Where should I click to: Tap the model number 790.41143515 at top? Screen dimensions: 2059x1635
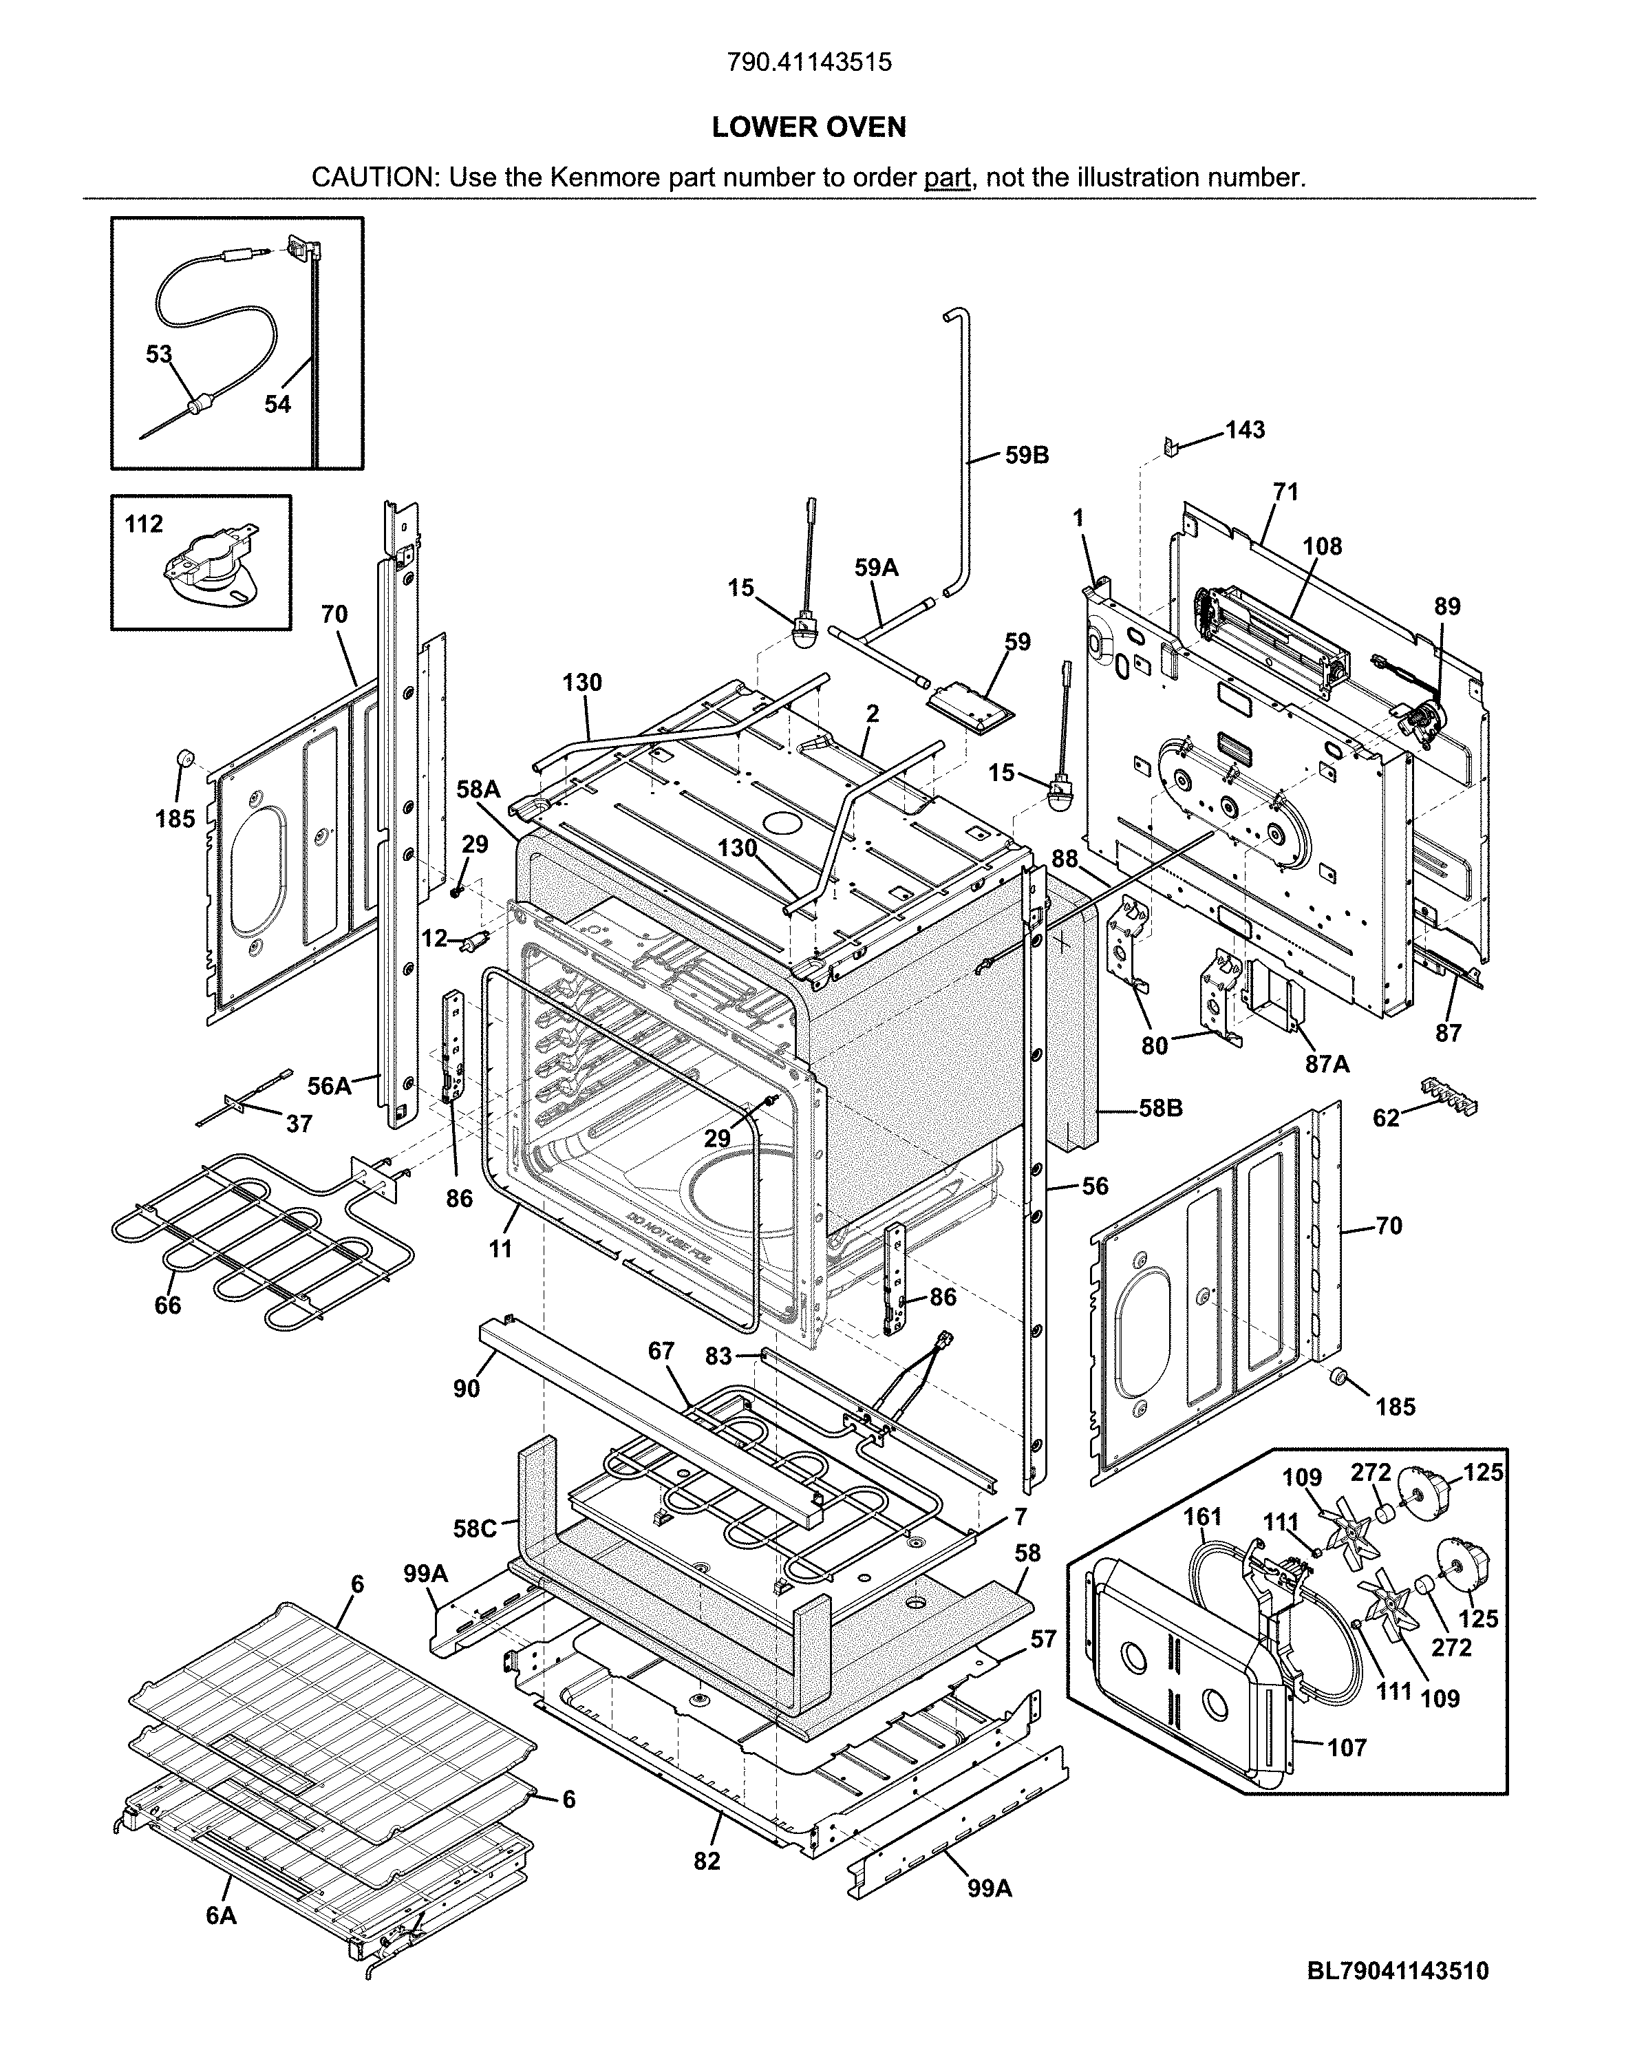(x=809, y=62)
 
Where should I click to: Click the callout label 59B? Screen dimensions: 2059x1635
(x=1027, y=456)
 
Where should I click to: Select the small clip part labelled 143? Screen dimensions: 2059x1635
(x=1170, y=446)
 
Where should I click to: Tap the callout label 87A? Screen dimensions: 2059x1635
(x=1327, y=1064)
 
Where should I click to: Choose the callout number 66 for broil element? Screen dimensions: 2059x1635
(x=167, y=1305)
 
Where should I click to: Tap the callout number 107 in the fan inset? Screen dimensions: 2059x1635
(x=1347, y=1748)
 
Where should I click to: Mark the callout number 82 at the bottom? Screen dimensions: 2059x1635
(x=707, y=1860)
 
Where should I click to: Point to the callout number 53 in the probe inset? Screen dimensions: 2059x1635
(x=158, y=354)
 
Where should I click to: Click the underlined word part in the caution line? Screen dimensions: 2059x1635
(x=946, y=178)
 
